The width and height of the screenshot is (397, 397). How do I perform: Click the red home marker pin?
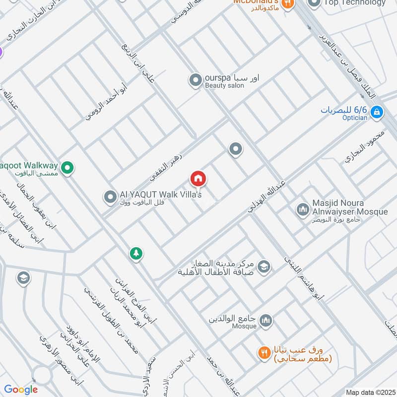click(x=198, y=179)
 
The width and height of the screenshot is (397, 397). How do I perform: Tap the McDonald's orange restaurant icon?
click(x=287, y=3)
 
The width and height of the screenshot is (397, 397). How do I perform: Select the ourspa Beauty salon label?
click(x=232, y=81)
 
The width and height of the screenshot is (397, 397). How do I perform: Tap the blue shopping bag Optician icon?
click(x=377, y=112)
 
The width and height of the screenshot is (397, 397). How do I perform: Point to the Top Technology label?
click(x=354, y=3)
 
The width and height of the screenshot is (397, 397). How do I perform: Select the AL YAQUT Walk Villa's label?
click(x=161, y=198)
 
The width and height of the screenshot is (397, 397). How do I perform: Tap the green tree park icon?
click(x=135, y=254)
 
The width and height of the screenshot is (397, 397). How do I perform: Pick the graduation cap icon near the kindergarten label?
click(x=265, y=267)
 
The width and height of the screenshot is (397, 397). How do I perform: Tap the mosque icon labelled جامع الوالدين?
click(x=266, y=321)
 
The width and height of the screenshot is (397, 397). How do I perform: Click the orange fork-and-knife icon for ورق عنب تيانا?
click(x=264, y=353)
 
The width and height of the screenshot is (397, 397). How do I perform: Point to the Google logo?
click(x=21, y=390)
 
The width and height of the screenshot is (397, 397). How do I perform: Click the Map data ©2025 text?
click(x=369, y=392)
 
